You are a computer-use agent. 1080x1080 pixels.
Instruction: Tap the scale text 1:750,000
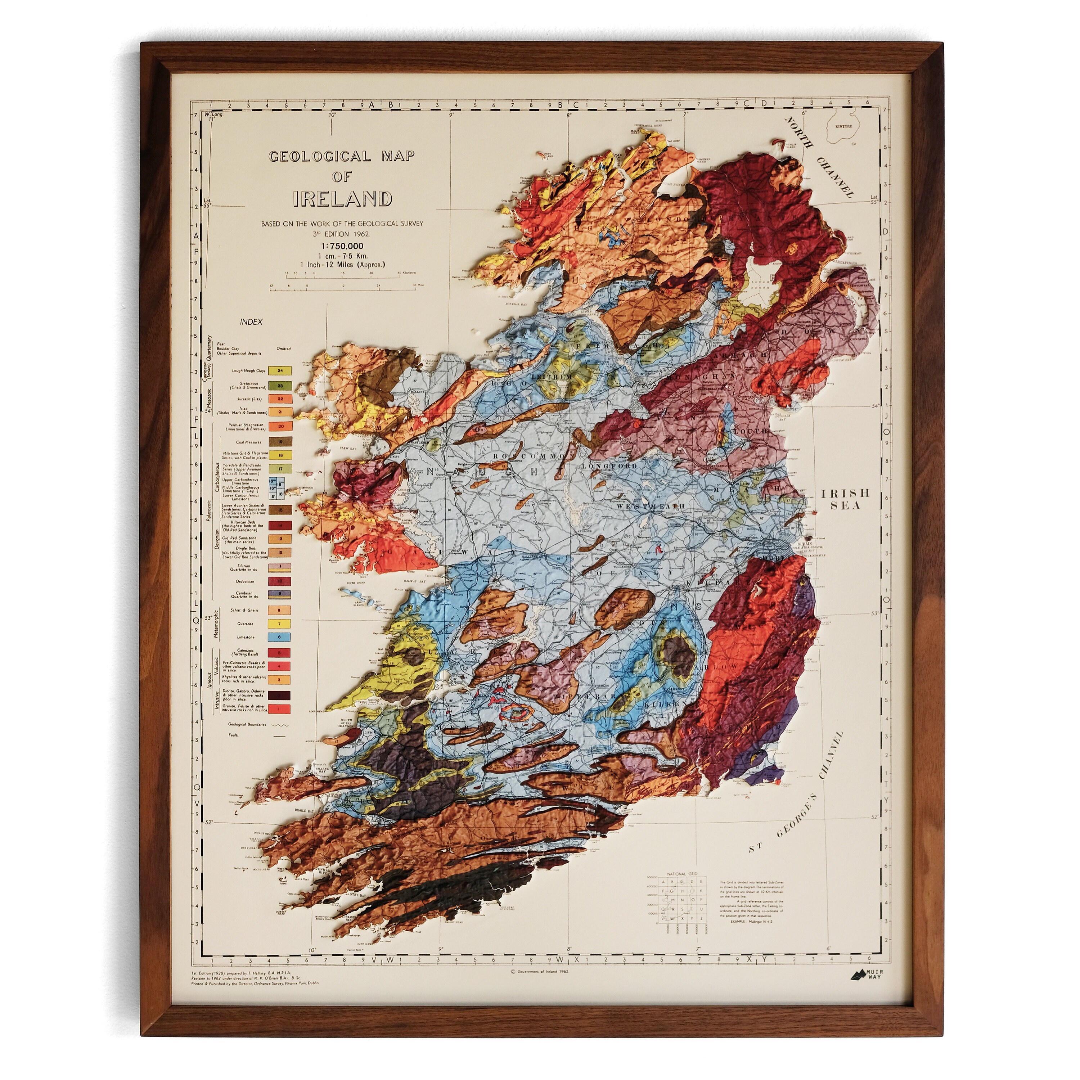coord(342,246)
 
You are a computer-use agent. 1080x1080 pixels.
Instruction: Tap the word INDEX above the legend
coord(251,322)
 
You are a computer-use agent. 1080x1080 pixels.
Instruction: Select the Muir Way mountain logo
coord(858,975)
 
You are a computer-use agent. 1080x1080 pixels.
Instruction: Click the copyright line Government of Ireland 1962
coord(539,972)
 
